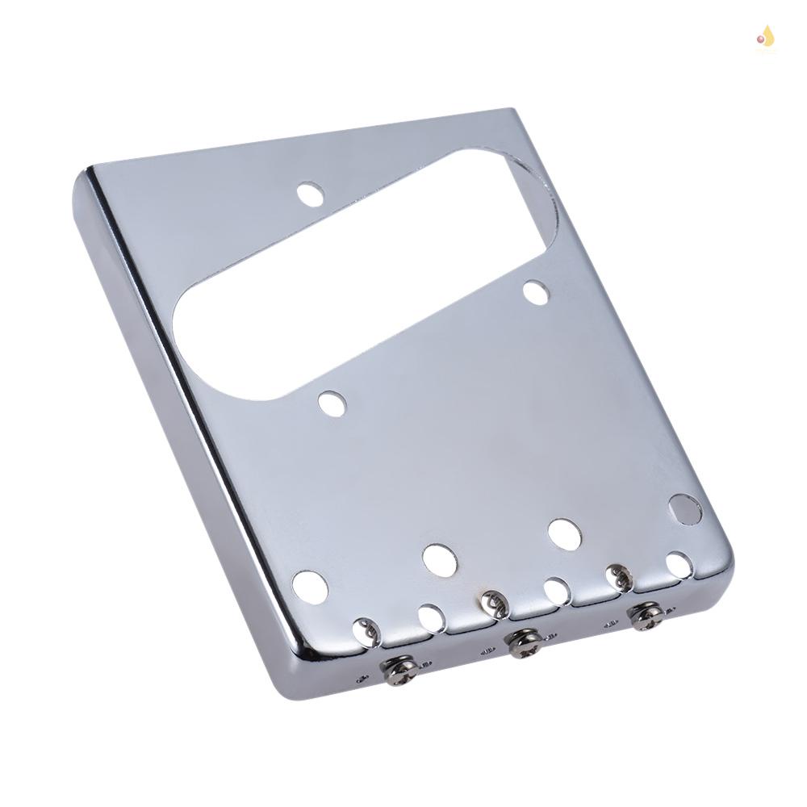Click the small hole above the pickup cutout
pyautogui.click(x=310, y=194)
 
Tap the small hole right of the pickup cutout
pyautogui.click(x=535, y=292)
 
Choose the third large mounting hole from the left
pyautogui.click(x=565, y=533)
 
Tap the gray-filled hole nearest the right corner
pyautogui.click(x=685, y=509)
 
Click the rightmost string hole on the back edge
pyautogui.click(x=679, y=565)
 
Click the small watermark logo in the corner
pyautogui.click(x=764, y=36)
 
